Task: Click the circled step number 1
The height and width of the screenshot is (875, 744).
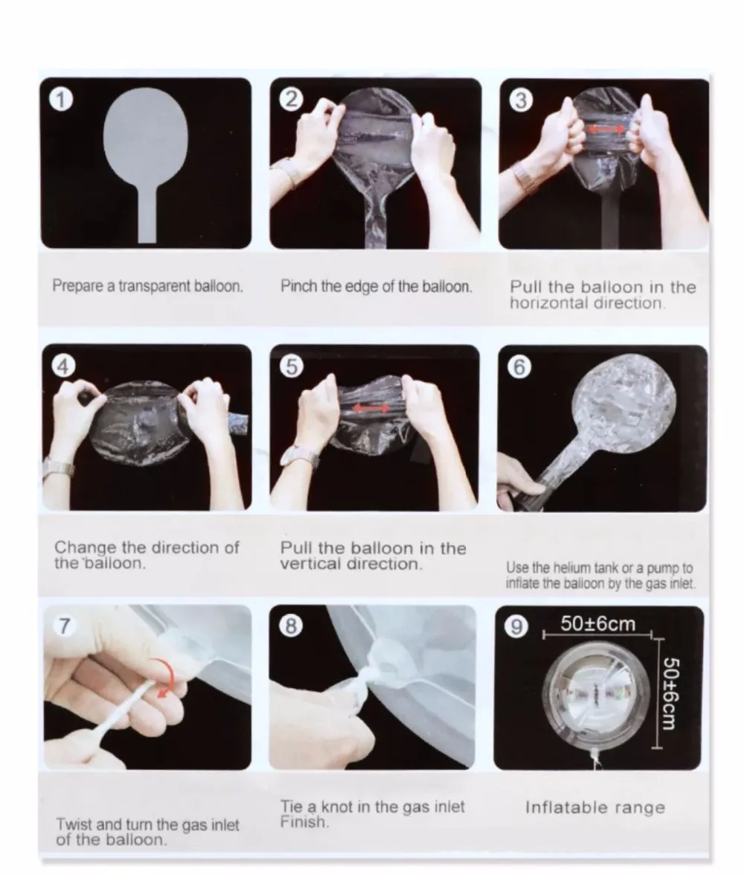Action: click(61, 100)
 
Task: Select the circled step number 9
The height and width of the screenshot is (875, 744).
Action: click(516, 627)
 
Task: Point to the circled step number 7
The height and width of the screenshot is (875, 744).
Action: click(64, 626)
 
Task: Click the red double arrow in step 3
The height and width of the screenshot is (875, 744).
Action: click(607, 130)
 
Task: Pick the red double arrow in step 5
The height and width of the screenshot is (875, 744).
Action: click(371, 409)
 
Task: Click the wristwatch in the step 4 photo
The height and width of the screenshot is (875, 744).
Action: click(57, 467)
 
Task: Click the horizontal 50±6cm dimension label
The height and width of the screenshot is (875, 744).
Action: click(598, 623)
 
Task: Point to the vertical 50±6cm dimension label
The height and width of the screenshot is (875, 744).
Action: click(670, 693)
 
